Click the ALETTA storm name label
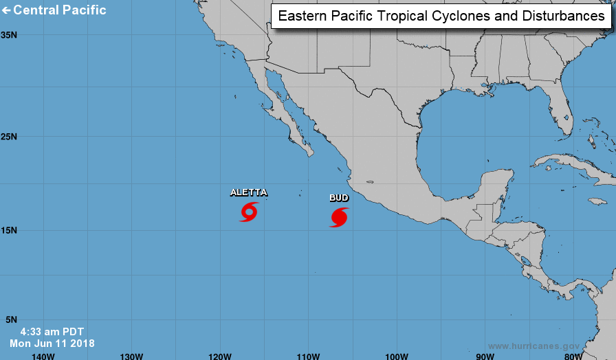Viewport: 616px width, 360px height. pos(248,192)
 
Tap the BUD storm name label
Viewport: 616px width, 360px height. pos(338,198)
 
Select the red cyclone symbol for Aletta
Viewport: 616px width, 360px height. pos(248,212)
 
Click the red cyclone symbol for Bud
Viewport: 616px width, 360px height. pos(338,217)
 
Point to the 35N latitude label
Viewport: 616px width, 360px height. pos(9,34)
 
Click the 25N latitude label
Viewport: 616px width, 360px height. pos(9,136)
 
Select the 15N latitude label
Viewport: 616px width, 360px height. pos(9,230)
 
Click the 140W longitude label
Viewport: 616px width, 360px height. pos(43,355)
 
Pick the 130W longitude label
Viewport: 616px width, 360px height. pos(131,355)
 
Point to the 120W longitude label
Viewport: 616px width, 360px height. pos(219,355)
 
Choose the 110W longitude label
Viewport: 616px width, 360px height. pos(308,355)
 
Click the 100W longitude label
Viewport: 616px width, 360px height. pos(397,355)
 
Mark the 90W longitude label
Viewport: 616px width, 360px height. pos(485,355)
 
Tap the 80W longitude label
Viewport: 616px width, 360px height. pos(573,355)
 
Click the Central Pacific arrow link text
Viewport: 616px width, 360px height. pos(54,10)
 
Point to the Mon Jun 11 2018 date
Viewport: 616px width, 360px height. pos(52,343)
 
